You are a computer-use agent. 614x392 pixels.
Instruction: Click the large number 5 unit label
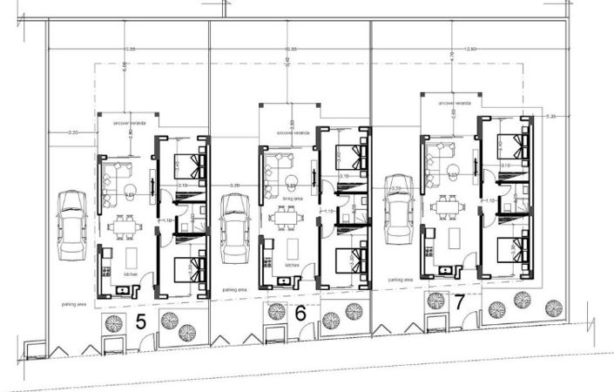(x=141, y=321)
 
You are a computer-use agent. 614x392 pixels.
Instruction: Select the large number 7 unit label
(x=459, y=302)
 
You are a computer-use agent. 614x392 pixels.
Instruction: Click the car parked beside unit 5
(x=71, y=225)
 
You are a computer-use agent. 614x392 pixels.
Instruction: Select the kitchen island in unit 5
(x=131, y=259)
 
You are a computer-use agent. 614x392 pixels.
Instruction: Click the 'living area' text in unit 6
(x=292, y=198)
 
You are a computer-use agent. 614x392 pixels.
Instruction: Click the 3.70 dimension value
(x=235, y=186)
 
